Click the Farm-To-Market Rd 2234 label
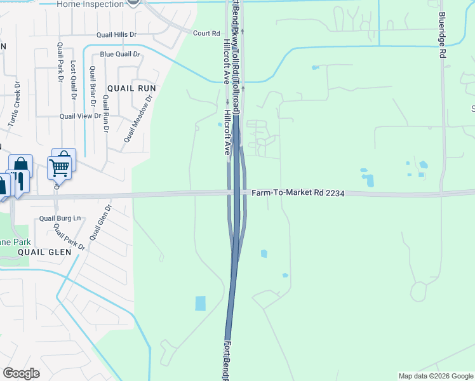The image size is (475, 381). (x=298, y=192)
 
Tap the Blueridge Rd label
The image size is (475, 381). (x=441, y=36)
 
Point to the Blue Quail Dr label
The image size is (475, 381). (x=120, y=54)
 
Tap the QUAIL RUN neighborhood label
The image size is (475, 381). (x=131, y=88)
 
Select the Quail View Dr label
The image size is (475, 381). (x=80, y=116)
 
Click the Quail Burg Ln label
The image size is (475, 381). (x=61, y=218)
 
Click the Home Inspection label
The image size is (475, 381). (x=90, y=4)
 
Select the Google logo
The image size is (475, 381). (x=21, y=373)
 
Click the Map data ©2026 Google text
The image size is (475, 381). (x=435, y=376)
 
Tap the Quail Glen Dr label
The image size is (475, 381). (x=100, y=222)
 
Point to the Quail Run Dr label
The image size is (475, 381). (x=105, y=113)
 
